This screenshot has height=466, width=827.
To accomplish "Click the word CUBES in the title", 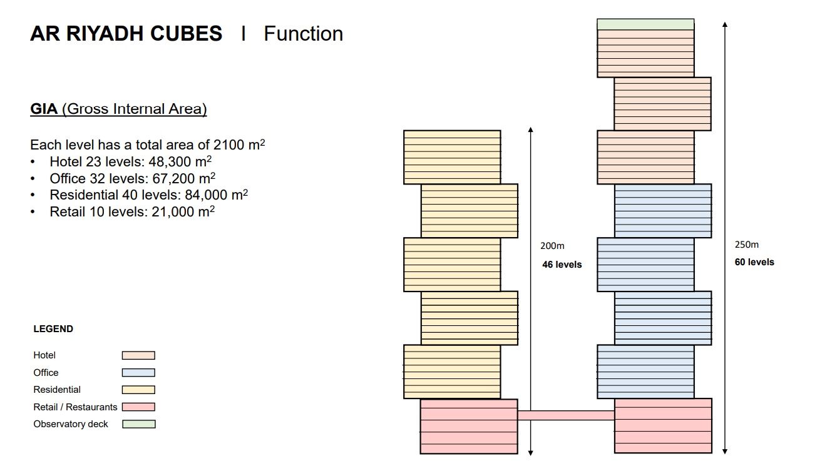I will pos(185,34).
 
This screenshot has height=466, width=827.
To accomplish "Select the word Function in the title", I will pos(303,34).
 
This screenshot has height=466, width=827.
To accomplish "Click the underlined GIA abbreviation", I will pos(44,109).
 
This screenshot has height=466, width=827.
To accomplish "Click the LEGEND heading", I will pos(53,329).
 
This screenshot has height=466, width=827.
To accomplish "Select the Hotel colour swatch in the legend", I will pos(138,355).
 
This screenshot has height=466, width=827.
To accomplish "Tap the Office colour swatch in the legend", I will pos(138,373).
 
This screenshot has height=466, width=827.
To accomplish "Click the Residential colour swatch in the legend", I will pos(138,390).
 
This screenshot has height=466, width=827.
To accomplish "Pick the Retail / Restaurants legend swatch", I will pos(138,407).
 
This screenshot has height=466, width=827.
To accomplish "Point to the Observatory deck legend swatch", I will pos(138,424).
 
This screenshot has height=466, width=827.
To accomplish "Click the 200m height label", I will pos(552,246).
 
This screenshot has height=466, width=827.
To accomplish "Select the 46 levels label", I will pos(562,265).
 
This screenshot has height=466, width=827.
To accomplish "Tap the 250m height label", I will pos(746,245).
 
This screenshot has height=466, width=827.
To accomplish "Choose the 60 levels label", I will pos(754,262).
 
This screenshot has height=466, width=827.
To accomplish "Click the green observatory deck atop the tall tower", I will pos(645,24).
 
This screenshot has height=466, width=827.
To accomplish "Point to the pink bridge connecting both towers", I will pos(566,415).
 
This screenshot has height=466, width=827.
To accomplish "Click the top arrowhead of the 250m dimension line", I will pos(725,25).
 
